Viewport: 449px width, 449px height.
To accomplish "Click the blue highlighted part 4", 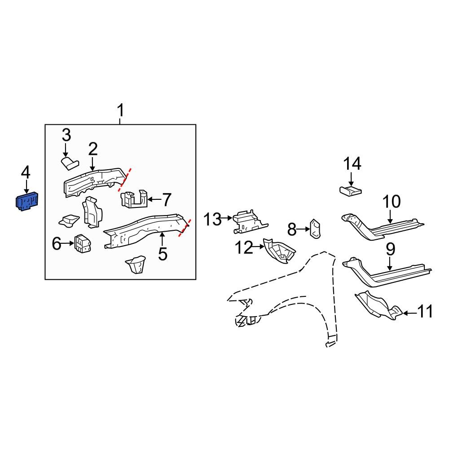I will pyautogui.click(x=27, y=202).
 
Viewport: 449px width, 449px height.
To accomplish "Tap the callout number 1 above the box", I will pyautogui.click(x=120, y=110).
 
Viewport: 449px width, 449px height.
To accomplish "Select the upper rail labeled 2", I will pyautogui.click(x=92, y=182).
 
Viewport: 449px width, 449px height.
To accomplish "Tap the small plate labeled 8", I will pyautogui.click(x=315, y=229).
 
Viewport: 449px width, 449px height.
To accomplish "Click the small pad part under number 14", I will pyautogui.click(x=350, y=191).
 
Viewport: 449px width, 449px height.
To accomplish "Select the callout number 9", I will pyautogui.click(x=389, y=250).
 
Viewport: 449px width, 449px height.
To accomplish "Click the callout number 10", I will pyautogui.click(x=391, y=202).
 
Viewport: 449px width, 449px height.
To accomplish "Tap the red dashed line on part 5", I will pyautogui.click(x=185, y=228).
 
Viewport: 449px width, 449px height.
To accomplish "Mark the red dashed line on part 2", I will pyautogui.click(x=124, y=179).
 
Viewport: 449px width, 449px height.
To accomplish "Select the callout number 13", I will pyautogui.click(x=213, y=220).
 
